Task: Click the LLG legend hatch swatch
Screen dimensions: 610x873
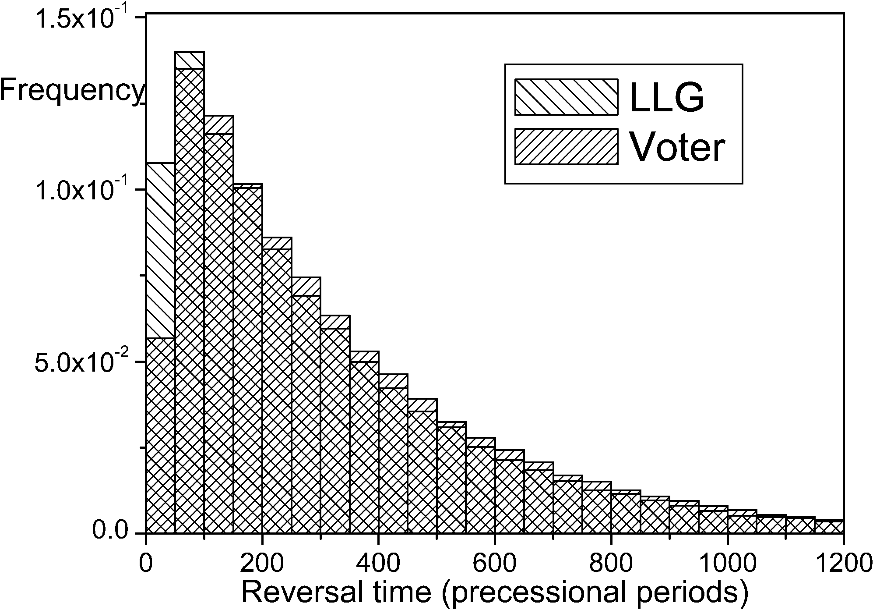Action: coord(566,97)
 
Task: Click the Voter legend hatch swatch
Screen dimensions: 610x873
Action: coord(566,147)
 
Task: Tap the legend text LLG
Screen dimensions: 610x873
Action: coord(666,97)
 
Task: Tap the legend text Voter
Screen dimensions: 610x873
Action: coord(677,147)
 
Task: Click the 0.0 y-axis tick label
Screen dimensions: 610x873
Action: coord(109,532)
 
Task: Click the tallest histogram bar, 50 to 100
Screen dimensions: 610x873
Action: coord(189,298)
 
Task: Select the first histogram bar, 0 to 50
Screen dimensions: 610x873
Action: coord(160,394)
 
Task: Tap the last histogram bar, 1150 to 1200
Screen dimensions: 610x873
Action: coord(829,526)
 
